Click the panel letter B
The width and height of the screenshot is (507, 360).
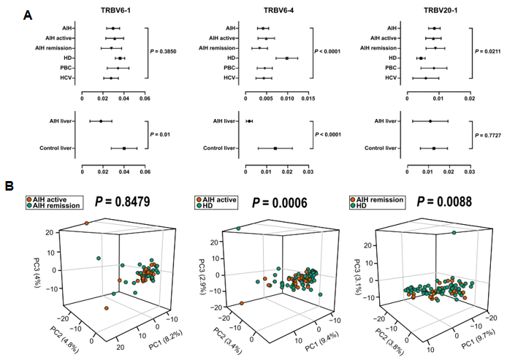point(9,185)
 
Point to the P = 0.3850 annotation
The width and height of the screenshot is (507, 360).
point(166,52)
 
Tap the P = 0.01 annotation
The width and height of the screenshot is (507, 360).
point(160,134)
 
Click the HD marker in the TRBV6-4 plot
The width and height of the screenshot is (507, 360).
point(287,58)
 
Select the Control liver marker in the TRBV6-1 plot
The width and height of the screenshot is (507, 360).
point(124,148)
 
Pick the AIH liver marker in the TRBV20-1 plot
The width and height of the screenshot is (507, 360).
point(430,121)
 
